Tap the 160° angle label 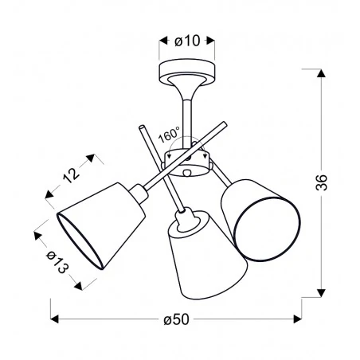click(169, 136)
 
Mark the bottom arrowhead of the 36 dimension click(321, 294)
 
